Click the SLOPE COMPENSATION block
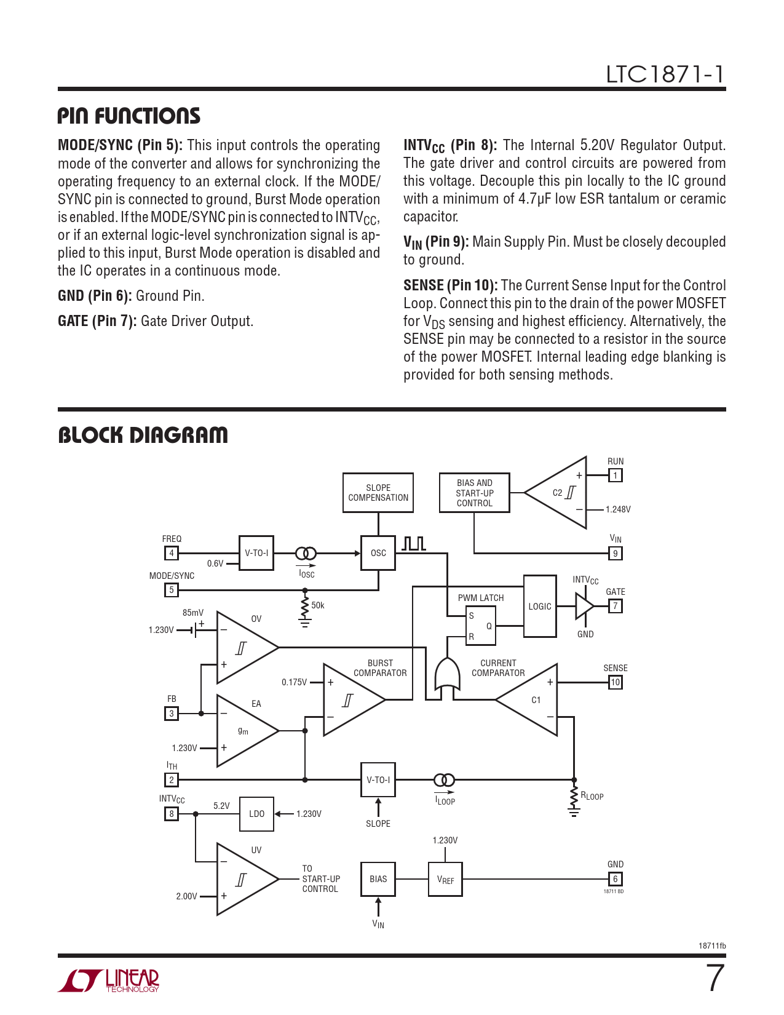tap(378, 493)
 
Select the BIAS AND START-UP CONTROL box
tap(474, 493)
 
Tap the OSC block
tap(378, 553)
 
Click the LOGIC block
tap(540, 607)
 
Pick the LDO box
tap(256, 814)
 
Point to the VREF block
tap(445, 880)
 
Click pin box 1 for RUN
tap(615, 475)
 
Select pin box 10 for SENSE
tap(615, 682)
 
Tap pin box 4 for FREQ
tap(172, 553)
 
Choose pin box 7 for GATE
tap(615, 606)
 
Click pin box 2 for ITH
tap(172, 780)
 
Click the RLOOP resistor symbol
tap(574, 797)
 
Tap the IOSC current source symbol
tap(306, 553)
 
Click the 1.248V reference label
tap(618, 509)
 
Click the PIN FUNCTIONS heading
tap(129, 116)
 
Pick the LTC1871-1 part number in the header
tap(665, 74)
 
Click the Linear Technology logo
tap(109, 981)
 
